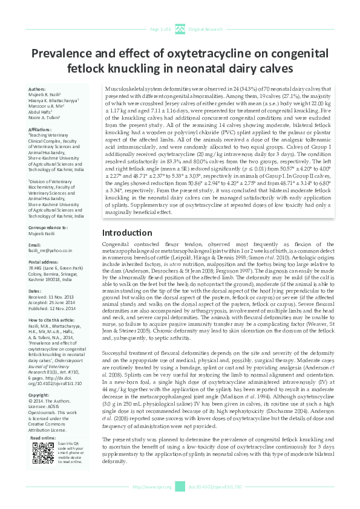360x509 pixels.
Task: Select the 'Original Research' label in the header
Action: pyautogui.click(x=206, y=29)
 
